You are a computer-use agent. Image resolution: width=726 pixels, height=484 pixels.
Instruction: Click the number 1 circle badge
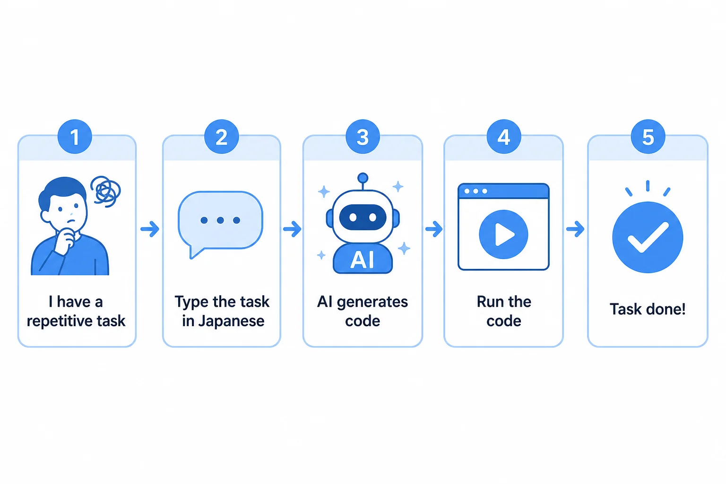pos(75,137)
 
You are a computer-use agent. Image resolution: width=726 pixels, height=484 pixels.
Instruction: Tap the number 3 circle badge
pos(363,137)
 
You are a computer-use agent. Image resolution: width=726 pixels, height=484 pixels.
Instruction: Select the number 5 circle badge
pos(648,137)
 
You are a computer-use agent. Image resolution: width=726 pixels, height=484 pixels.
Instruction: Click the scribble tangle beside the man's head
pos(106,191)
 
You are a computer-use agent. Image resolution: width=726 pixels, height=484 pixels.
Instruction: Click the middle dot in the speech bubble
pos(220,220)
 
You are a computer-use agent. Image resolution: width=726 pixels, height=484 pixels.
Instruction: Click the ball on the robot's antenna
pos(363,178)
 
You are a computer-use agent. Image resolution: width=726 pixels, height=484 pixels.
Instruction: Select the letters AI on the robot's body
pos(363,260)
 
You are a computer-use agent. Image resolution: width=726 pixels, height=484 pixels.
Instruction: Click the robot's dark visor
pos(363,217)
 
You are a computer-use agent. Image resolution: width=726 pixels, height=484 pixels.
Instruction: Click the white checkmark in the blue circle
pos(648,237)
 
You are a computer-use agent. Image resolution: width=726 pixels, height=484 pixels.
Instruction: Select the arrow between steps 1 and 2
pos(150,229)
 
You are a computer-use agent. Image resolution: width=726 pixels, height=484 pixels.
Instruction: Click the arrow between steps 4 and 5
pos(575,229)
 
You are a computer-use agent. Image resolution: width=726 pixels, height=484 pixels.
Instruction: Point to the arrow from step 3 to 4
pos(434,229)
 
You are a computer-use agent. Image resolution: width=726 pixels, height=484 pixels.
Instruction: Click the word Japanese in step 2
pos(232,321)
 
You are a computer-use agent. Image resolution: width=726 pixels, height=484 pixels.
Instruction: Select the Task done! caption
pos(648,309)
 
